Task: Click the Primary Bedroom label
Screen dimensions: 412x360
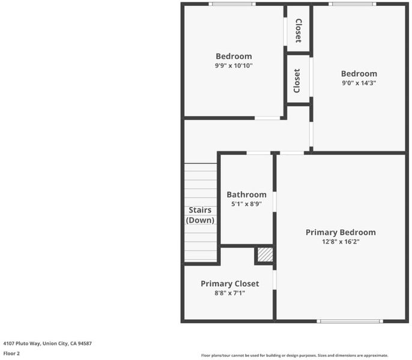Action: click(341, 232)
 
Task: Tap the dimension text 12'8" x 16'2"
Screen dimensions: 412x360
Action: click(341, 242)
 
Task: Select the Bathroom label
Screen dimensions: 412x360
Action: click(246, 194)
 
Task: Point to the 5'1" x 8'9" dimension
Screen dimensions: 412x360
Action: click(246, 204)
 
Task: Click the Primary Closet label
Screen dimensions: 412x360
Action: click(230, 284)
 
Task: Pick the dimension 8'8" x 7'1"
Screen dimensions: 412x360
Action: click(230, 293)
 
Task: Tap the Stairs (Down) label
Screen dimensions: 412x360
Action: click(200, 215)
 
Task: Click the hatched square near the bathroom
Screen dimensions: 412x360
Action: click(265, 254)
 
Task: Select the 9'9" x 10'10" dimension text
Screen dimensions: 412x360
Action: click(234, 65)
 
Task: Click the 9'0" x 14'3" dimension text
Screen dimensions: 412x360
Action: click(359, 83)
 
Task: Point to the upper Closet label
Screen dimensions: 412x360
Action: click(298, 31)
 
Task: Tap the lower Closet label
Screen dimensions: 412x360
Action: click(297, 81)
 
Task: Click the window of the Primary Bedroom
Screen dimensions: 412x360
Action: click(350, 321)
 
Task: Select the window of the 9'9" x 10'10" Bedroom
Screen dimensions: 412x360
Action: click(232, 4)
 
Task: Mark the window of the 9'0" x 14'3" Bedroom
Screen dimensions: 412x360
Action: click(353, 4)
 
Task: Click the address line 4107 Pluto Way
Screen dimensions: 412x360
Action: click(47, 343)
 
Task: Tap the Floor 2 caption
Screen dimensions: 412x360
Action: click(11, 353)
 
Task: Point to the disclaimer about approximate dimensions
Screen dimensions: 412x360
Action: click(294, 355)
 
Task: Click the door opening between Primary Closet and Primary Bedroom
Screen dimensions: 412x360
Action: click(274, 280)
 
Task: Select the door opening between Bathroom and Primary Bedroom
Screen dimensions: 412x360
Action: click(274, 202)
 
